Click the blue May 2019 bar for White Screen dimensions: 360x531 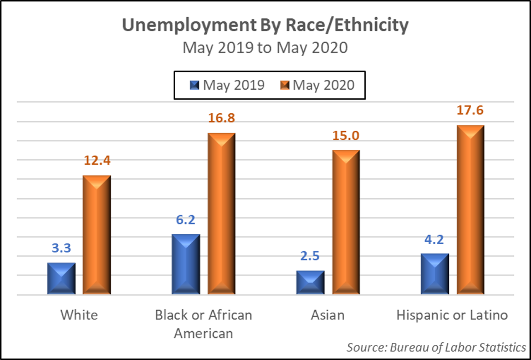pyautogui.click(x=61, y=278)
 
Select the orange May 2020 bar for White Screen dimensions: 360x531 pyautogui.click(x=97, y=235)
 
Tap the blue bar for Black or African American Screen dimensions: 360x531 pyautogui.click(x=186, y=264)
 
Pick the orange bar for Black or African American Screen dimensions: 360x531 pyautogui.click(x=221, y=214)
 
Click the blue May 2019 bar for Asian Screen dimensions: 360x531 pyautogui.click(x=310, y=283)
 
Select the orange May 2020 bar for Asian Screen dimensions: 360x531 pyautogui.click(x=346, y=222)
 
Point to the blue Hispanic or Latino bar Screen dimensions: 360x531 pyautogui.click(x=435, y=274)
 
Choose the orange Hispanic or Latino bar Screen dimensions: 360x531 pyautogui.click(x=471, y=210)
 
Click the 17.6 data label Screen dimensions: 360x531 pyautogui.click(x=471, y=110)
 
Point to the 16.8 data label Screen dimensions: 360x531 pyautogui.click(x=221, y=118)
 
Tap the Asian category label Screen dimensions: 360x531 pyautogui.click(x=327, y=315)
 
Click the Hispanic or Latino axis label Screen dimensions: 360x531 pyautogui.click(x=452, y=315)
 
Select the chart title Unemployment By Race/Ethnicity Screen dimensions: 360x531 pyautogui.click(x=265, y=25)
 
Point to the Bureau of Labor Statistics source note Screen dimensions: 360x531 pyautogui.click(x=436, y=347)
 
